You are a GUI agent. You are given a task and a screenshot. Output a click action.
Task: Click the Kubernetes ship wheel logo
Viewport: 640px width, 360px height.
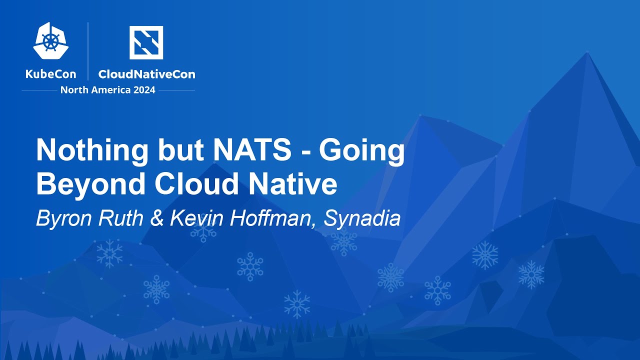[51, 41]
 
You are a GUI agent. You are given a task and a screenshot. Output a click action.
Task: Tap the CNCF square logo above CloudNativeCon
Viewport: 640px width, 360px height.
[146, 42]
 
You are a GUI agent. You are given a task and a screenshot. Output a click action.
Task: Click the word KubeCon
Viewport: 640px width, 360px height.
[51, 74]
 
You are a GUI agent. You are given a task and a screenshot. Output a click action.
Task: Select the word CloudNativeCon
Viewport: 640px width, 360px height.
[146, 74]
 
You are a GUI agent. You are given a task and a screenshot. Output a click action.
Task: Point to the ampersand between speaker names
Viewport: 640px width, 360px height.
[157, 218]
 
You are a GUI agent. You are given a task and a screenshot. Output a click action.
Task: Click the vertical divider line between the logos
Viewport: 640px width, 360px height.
[88, 51]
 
